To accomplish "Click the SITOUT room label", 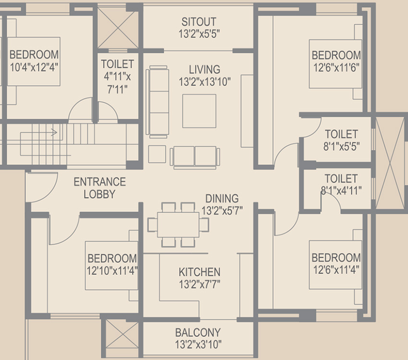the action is coord(199,22).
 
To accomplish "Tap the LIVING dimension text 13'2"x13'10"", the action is coord(205,82).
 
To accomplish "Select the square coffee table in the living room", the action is coord(199,111).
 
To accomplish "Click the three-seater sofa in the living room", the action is coord(158,102).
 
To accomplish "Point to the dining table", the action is coord(178,225).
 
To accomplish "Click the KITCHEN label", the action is coord(200,272).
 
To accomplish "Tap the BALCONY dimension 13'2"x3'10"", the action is coord(198,344).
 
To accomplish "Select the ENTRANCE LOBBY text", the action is coord(100,188).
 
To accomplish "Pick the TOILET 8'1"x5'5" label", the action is coord(341,140).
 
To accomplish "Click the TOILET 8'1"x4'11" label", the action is coord(341,184).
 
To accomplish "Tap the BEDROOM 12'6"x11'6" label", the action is coord(336,61).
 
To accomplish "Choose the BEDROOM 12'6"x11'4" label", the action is coord(336,263).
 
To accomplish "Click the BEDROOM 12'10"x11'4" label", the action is coord(112,265).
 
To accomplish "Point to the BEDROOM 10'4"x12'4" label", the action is coord(34,60).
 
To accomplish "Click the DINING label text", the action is coord(222,198).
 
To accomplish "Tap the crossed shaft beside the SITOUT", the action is coord(118,28).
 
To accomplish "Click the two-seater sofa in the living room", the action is coord(194,157).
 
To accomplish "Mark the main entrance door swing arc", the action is coord(50,193).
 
